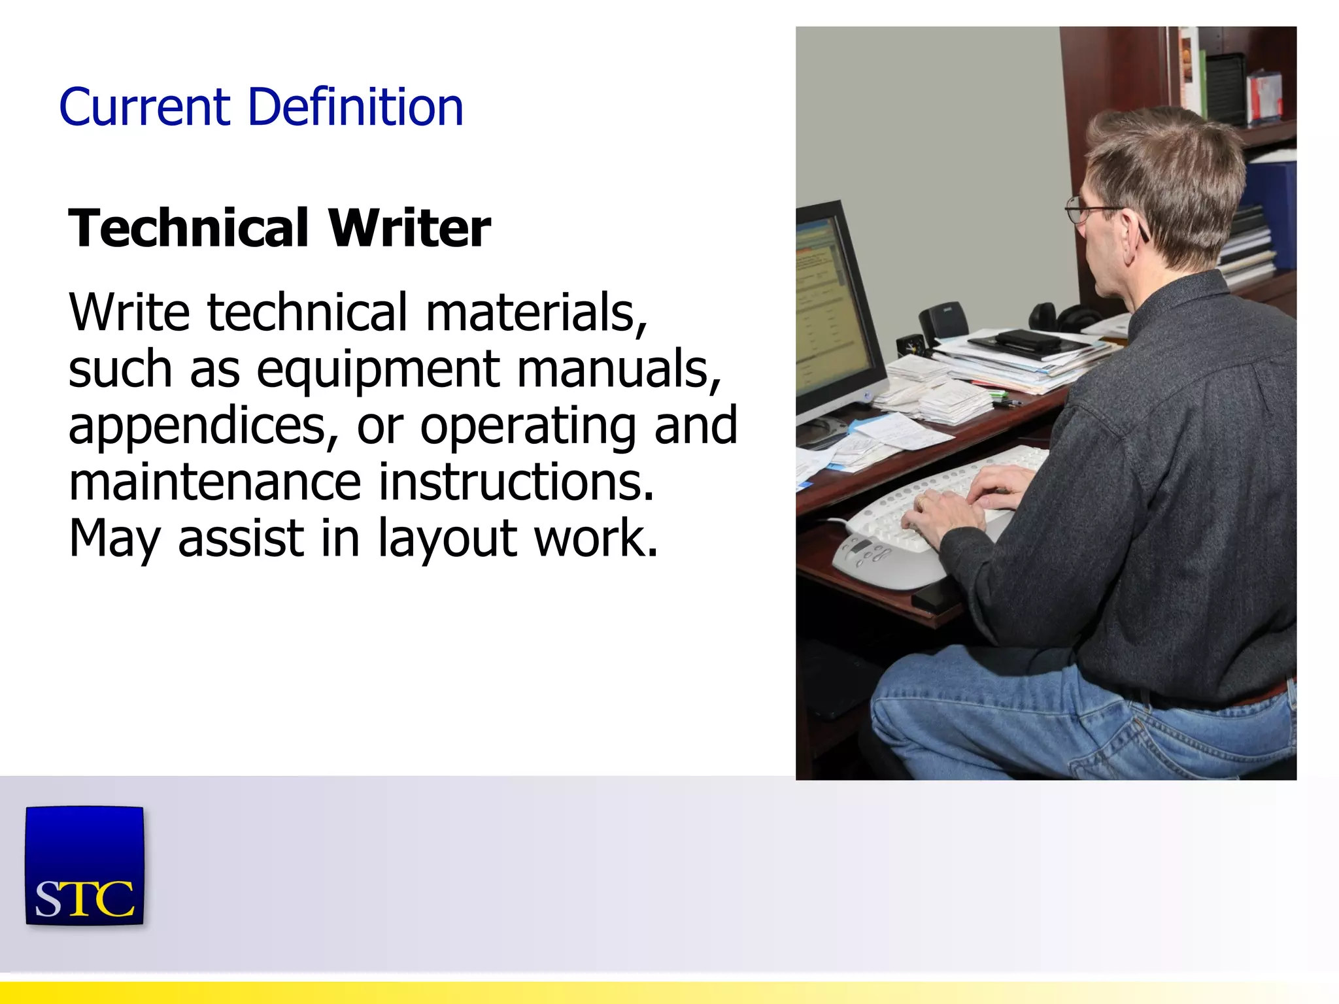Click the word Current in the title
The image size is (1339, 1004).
pyautogui.click(x=144, y=107)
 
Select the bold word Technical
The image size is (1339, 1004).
pyautogui.click(x=188, y=229)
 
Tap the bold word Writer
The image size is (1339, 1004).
pyautogui.click(x=409, y=229)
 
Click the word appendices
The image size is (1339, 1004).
pyautogui.click(x=203, y=427)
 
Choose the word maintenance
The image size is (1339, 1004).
pyautogui.click(x=214, y=482)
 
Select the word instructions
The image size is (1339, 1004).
pyautogui.click(x=517, y=482)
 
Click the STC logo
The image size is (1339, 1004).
pyautogui.click(x=84, y=865)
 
